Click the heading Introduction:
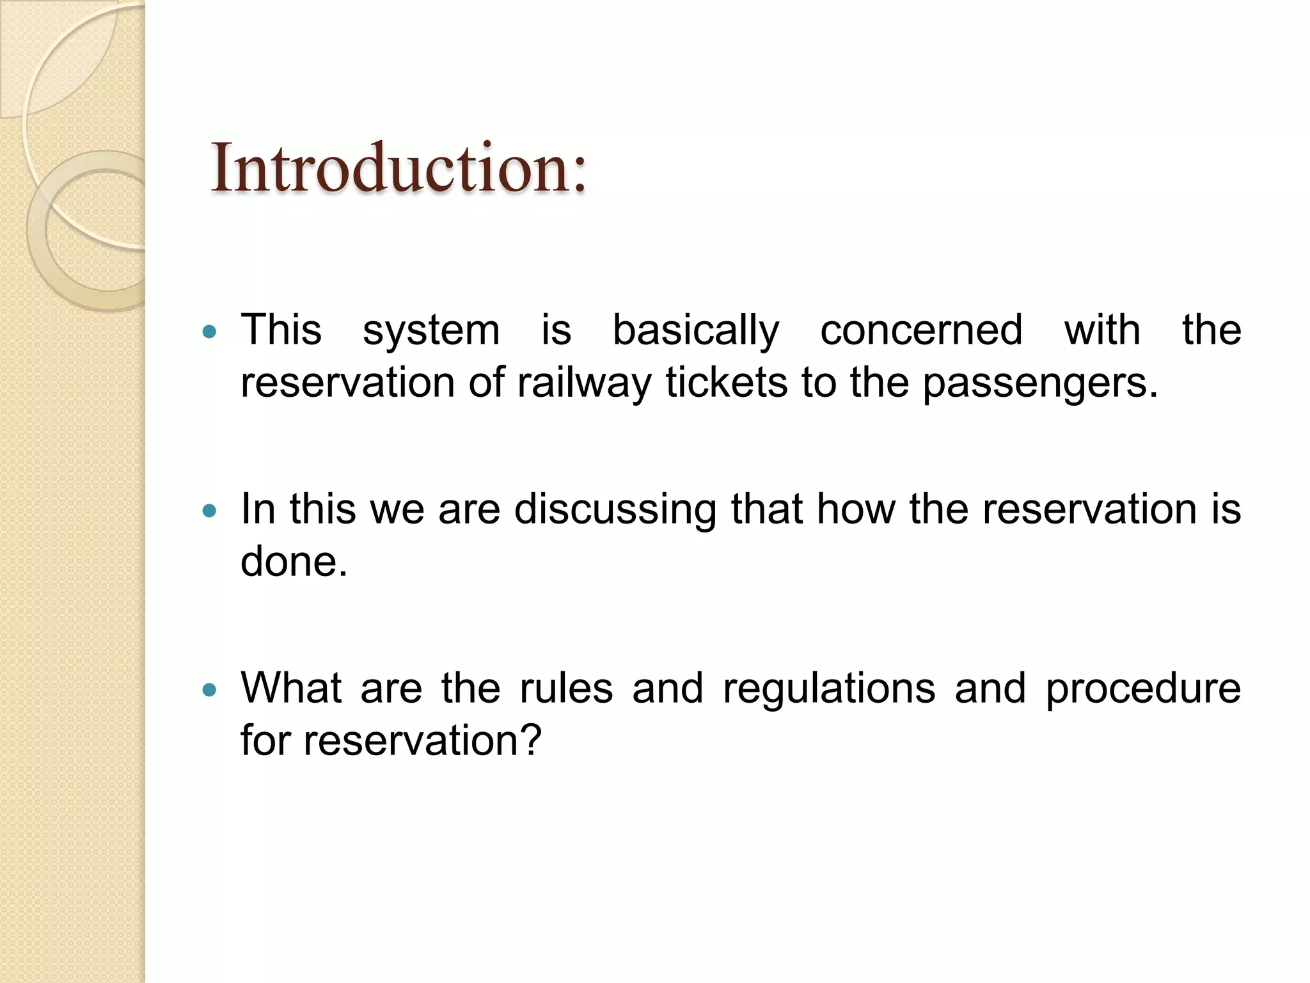[x=398, y=168]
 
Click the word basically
[x=696, y=332]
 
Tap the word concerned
[x=921, y=330]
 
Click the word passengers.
[x=1040, y=384]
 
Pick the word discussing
[x=615, y=511]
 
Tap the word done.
[x=294, y=562]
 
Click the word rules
[x=566, y=689]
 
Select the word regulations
[x=829, y=690]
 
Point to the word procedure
[x=1143, y=690]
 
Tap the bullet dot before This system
[x=209, y=332]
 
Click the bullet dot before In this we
[x=209, y=511]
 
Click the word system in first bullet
[x=431, y=332]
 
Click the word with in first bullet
[x=1101, y=330]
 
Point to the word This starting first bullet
[x=281, y=330]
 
